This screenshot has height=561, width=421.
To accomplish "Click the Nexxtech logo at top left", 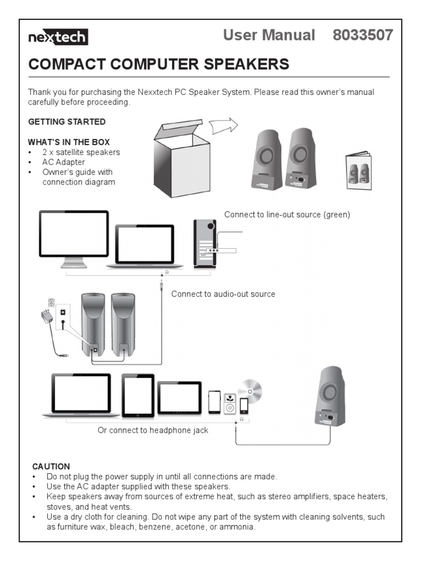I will point(58,37).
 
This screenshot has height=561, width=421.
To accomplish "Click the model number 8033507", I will point(363,35).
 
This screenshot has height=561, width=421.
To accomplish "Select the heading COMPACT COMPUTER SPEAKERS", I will point(158,64).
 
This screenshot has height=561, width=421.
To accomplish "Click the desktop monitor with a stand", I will point(73,238).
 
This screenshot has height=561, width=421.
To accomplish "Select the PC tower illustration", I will point(204,243).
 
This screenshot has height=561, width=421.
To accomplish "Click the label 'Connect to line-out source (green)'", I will point(287,215).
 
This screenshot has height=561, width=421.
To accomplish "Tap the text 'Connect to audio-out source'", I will point(223,294).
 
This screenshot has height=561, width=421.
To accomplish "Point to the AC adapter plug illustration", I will point(45,316).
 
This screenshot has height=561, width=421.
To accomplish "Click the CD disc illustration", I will point(250,390).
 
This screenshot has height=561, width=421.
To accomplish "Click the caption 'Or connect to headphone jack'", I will point(153,431).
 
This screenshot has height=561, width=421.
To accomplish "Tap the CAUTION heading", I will point(51,467).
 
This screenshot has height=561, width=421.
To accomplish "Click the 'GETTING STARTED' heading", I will point(67,122).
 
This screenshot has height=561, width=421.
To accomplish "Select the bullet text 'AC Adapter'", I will point(64,162).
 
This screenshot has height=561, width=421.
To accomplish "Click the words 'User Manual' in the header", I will point(269,35).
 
